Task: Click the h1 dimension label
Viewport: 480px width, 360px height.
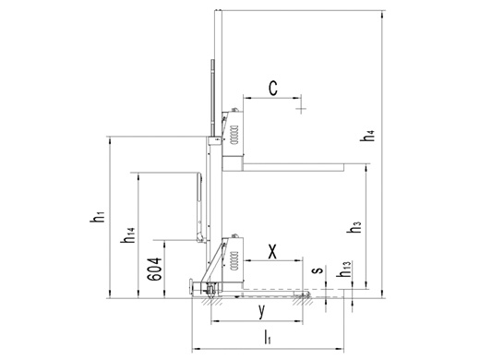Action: (x=97, y=216)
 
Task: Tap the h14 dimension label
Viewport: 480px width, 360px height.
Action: (x=127, y=235)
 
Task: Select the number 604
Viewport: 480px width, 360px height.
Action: (x=154, y=270)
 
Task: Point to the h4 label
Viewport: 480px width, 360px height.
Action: (x=367, y=136)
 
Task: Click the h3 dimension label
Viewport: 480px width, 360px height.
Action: (x=354, y=227)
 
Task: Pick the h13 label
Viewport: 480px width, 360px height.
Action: (x=343, y=270)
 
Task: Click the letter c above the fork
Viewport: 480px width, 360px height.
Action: (x=273, y=88)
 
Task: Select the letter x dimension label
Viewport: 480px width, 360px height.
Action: (x=272, y=252)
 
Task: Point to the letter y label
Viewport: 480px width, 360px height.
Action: (x=261, y=311)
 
